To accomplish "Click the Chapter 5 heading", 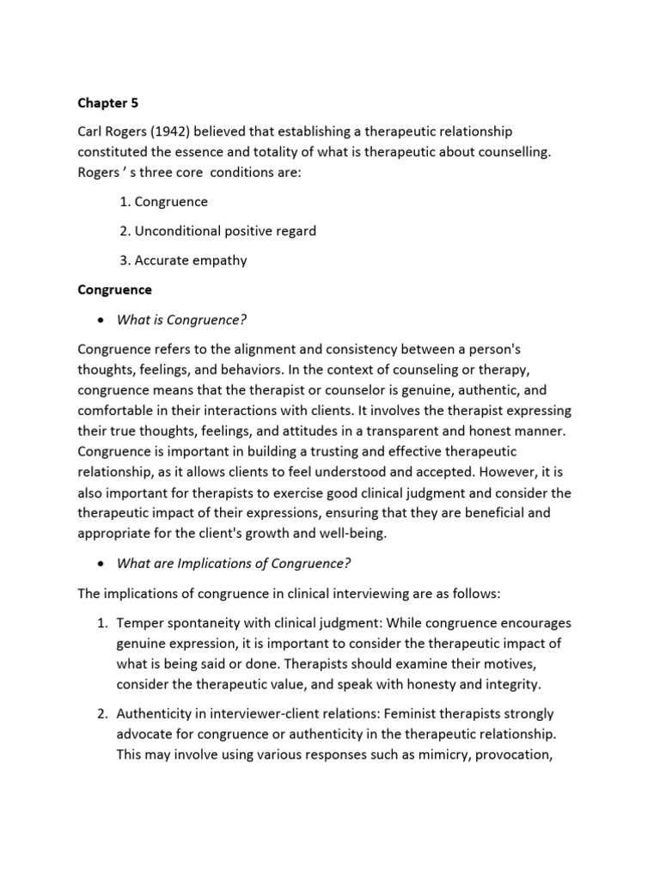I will click(107, 103).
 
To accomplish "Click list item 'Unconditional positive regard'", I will click(225, 230).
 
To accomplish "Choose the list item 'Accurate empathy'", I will click(191, 260).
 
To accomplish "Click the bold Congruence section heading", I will click(114, 290).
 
